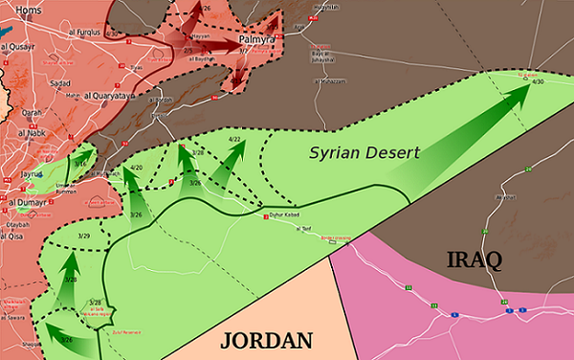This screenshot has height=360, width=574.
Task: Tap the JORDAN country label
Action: click(x=269, y=340)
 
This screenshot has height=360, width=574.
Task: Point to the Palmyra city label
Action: click(x=255, y=39)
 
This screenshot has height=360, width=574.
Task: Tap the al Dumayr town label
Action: click(x=29, y=202)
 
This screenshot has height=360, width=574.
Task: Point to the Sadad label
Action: click(x=59, y=83)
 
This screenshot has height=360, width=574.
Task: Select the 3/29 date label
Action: click(x=83, y=236)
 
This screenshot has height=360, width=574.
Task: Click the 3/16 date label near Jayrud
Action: click(x=81, y=163)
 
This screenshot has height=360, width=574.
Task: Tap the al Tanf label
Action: click(x=305, y=230)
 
